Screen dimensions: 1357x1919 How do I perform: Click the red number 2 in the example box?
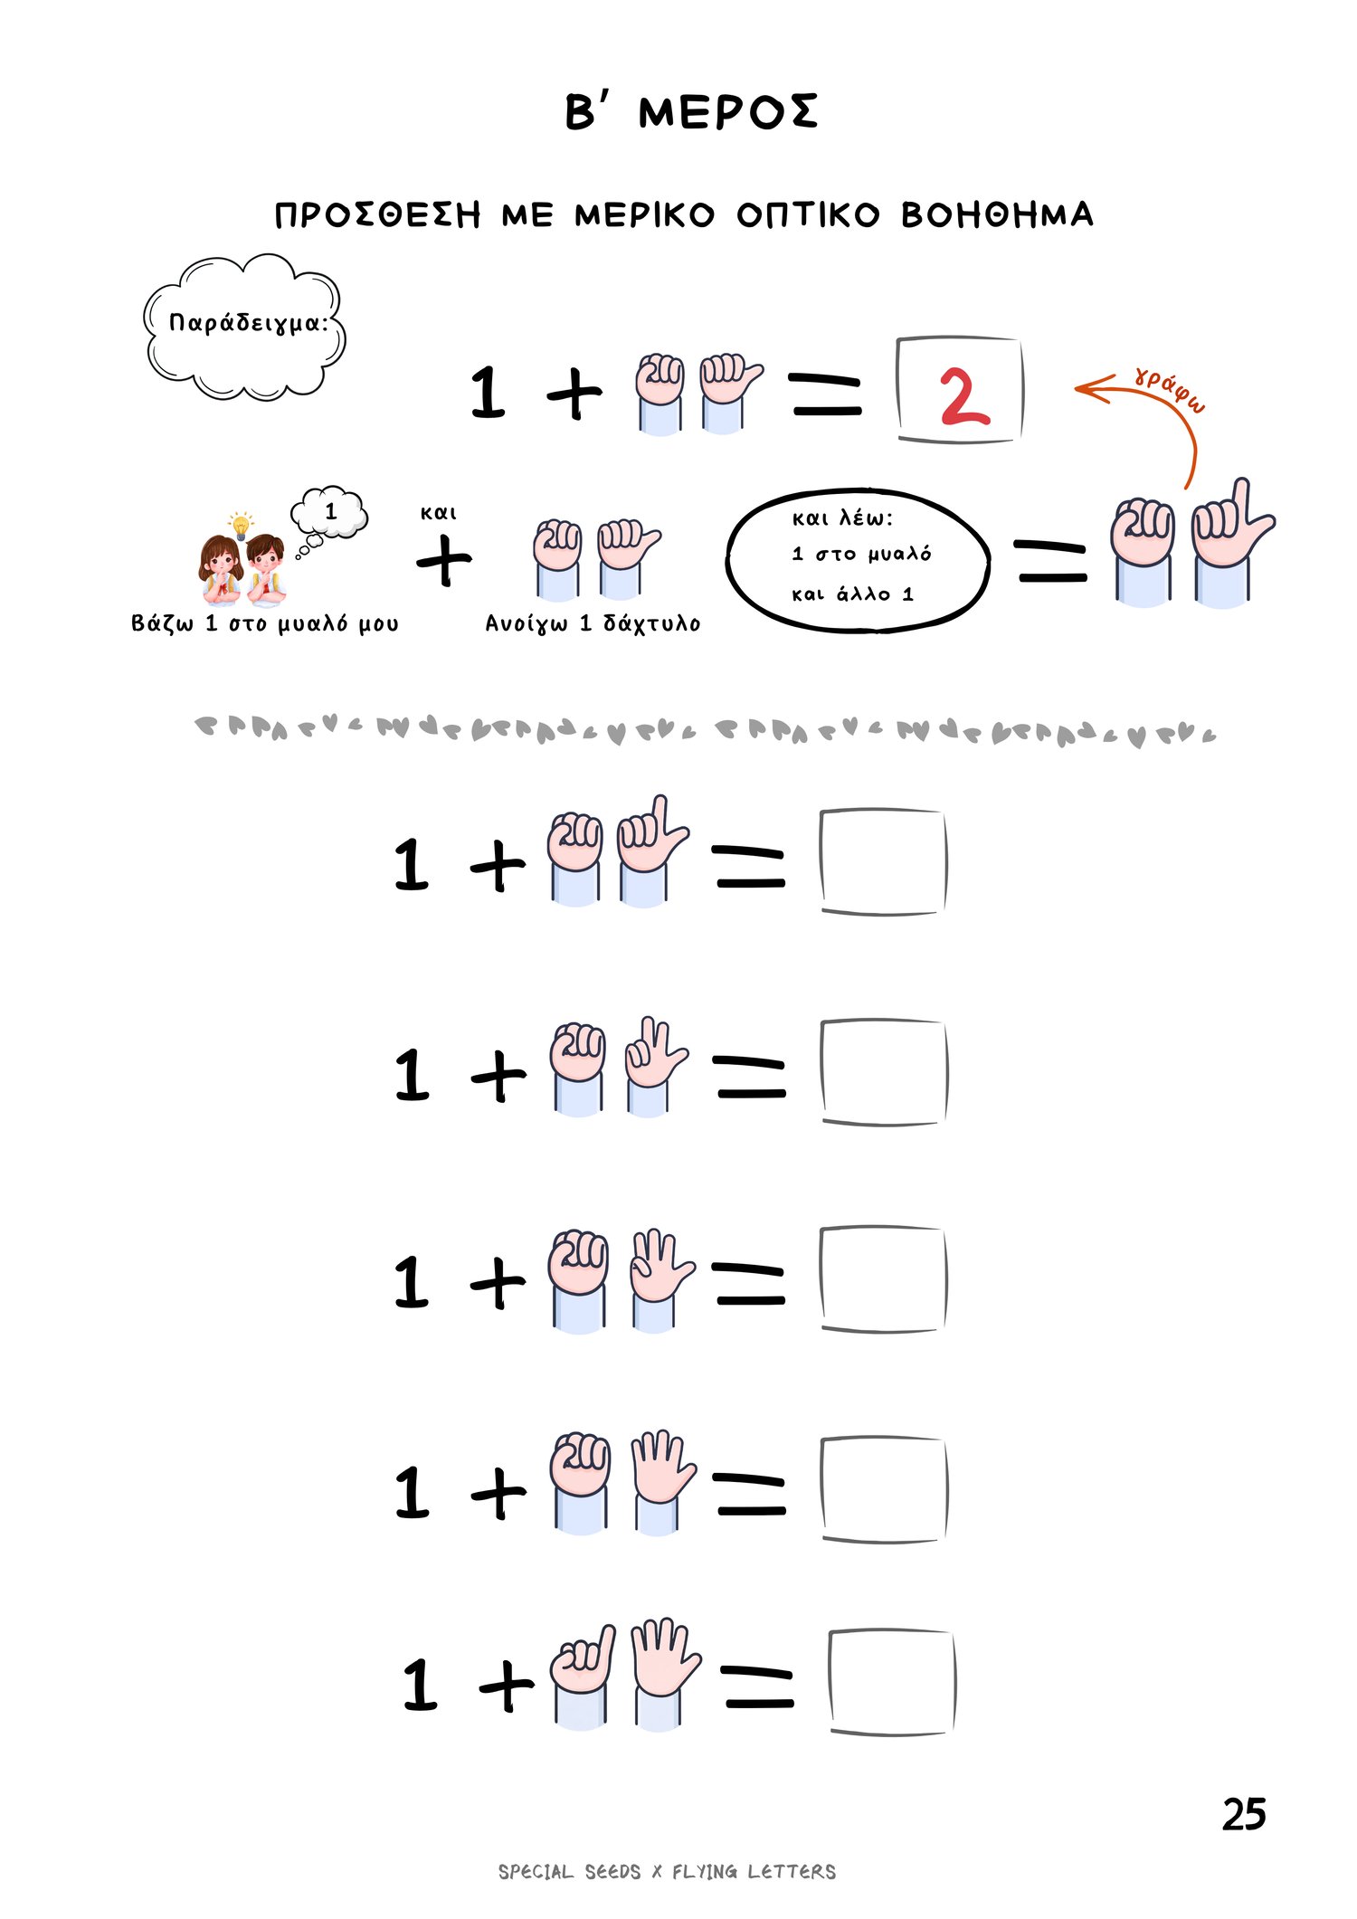964,396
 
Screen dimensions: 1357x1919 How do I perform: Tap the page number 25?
1244,1814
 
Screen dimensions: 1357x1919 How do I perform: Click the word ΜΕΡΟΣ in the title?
728,112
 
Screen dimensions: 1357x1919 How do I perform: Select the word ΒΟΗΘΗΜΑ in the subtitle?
998,214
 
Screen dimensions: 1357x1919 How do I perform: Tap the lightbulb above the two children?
241,525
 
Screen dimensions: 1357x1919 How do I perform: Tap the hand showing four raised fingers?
663,1481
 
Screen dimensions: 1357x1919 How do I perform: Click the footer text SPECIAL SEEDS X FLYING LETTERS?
667,1872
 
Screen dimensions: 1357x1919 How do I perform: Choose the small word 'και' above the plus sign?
438,513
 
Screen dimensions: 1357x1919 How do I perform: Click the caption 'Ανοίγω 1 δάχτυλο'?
593,623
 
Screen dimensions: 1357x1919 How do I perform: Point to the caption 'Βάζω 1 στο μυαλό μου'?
265,623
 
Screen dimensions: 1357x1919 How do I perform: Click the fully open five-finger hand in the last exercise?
665,1673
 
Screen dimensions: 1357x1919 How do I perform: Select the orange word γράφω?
1170,390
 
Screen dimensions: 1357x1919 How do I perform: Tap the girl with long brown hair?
221,570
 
